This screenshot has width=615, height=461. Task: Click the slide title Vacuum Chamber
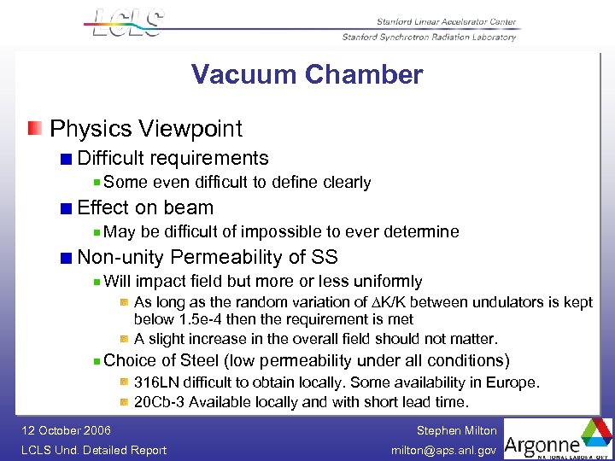coord(307,75)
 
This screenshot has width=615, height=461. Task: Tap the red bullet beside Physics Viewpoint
coord(34,129)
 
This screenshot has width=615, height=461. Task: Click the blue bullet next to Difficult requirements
coord(67,159)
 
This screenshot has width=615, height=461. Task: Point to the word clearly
coord(344,183)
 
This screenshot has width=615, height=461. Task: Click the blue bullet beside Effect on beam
coord(67,208)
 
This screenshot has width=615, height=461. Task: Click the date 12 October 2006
coord(65,431)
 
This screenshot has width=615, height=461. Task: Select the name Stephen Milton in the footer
coord(456,431)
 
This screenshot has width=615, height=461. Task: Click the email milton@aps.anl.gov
coord(443,450)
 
